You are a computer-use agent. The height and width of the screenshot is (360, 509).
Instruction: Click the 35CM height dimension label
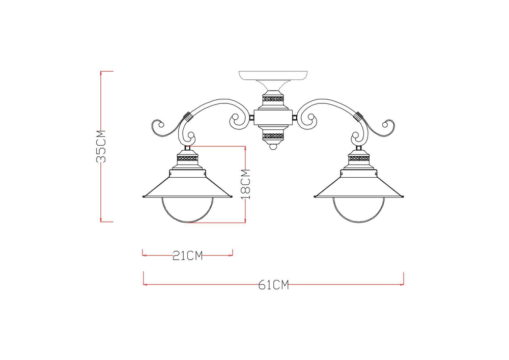pos(102,146)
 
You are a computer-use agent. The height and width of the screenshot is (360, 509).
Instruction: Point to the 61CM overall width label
pos(273,285)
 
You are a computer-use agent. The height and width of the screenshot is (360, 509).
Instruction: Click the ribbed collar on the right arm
pos(359,116)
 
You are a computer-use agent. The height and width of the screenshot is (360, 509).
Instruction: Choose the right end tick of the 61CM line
pos(403,279)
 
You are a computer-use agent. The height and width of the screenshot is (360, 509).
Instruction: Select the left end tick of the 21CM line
pos(143,253)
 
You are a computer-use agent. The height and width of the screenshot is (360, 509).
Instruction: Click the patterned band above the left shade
pos(187,159)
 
